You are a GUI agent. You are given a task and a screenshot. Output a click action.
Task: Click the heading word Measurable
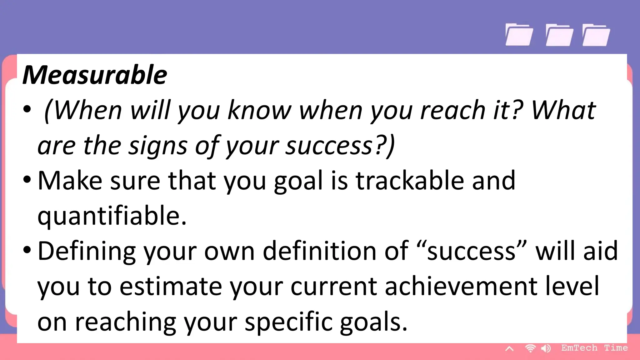click(95, 75)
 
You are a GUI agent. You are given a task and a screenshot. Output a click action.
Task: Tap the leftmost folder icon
click(519, 35)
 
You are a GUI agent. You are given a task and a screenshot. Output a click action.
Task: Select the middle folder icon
click(559, 35)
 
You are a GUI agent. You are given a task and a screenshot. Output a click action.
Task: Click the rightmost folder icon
click(596, 35)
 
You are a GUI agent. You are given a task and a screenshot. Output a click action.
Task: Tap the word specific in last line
click(288, 322)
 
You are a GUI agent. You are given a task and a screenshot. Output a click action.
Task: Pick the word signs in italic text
click(158, 146)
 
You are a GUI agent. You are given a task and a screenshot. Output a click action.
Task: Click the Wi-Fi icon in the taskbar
click(530, 348)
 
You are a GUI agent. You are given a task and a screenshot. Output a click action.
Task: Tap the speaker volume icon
click(546, 348)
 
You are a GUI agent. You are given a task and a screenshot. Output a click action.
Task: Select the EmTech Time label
click(594, 348)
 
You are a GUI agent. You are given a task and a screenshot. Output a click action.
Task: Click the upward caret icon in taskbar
click(509, 348)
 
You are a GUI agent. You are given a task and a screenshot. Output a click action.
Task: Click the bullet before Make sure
click(27, 180)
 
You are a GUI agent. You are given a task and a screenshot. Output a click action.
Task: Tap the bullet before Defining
click(27, 250)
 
